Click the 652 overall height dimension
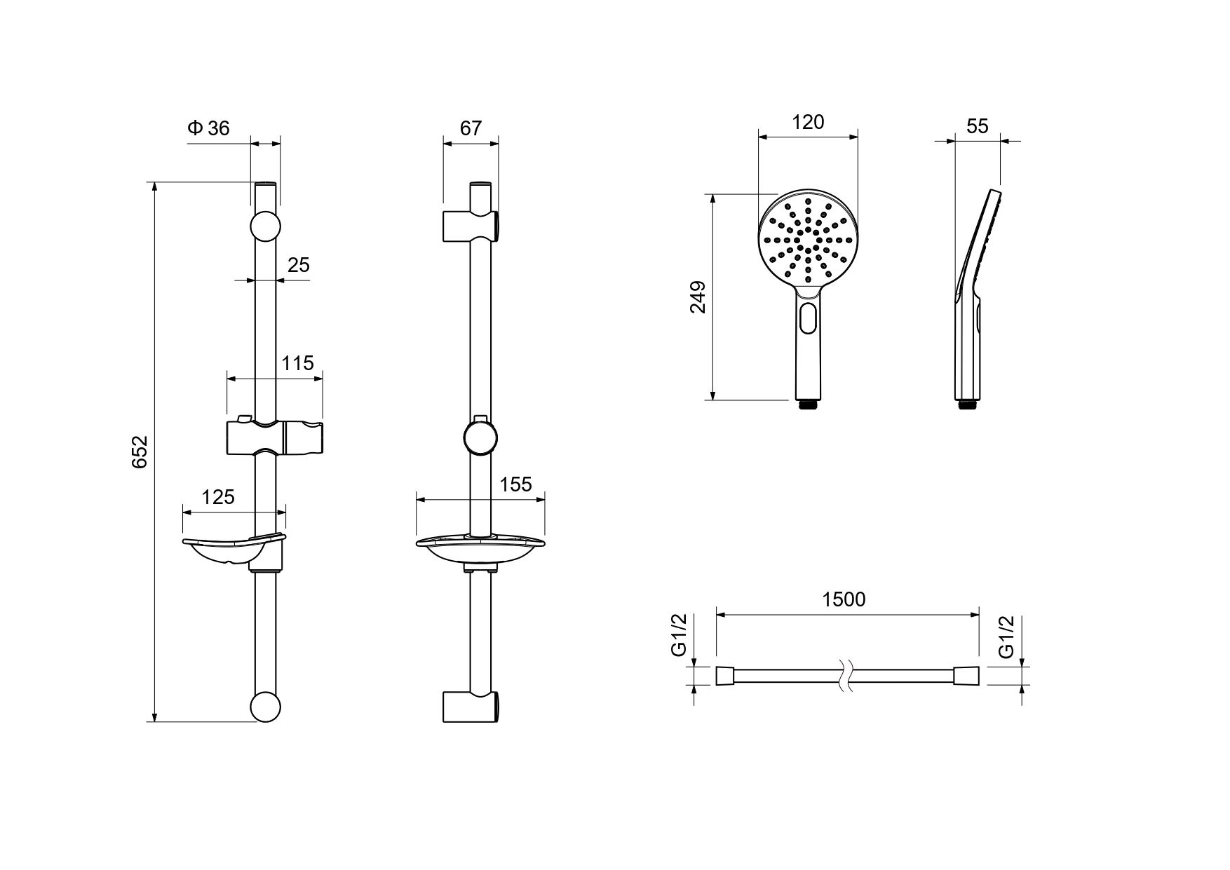click(140, 452)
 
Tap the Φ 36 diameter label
click(208, 128)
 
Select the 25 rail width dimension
click(299, 265)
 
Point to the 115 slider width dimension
click(298, 363)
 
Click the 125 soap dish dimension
click(218, 497)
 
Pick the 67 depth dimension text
click(471, 128)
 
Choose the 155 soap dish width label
click(516, 484)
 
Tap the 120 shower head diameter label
click(808, 122)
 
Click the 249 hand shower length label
click(698, 297)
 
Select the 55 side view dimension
click(978, 126)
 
